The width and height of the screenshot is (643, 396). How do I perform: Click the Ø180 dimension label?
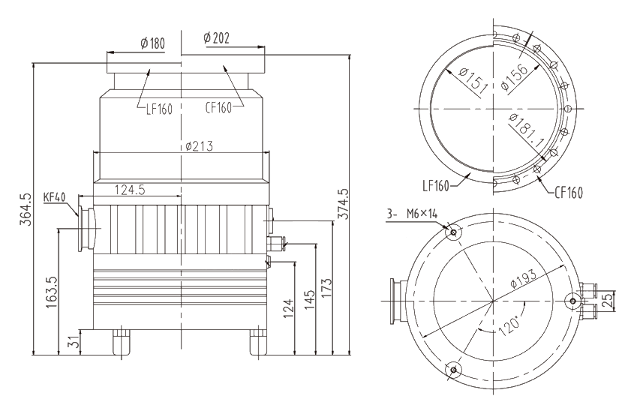point(152,42)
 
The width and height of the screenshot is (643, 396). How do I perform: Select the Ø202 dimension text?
point(216,39)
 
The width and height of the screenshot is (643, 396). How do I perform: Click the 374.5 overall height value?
point(344,202)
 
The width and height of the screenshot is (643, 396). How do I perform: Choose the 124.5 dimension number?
point(129,190)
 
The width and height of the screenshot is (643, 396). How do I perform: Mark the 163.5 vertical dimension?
point(51,294)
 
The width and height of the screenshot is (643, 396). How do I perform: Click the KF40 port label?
point(55,197)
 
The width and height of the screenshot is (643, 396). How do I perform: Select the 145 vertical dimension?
point(307,300)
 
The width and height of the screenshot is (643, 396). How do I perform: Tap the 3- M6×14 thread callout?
point(411,216)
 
